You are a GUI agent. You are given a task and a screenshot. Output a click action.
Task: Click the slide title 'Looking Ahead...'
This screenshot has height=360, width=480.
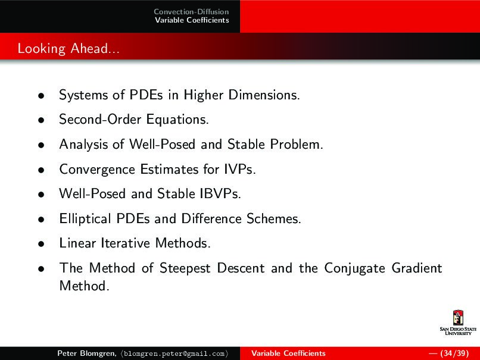68,48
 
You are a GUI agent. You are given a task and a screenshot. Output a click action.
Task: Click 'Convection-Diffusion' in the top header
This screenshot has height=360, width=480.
191,12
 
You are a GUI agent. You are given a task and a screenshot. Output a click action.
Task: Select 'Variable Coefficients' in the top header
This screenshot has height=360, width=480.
191,20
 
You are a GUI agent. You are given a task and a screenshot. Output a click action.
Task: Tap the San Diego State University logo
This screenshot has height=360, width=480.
458,323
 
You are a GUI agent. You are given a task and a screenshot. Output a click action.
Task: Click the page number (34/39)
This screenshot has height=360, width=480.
453,353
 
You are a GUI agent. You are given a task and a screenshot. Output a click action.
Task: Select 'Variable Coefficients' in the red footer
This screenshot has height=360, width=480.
288,353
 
